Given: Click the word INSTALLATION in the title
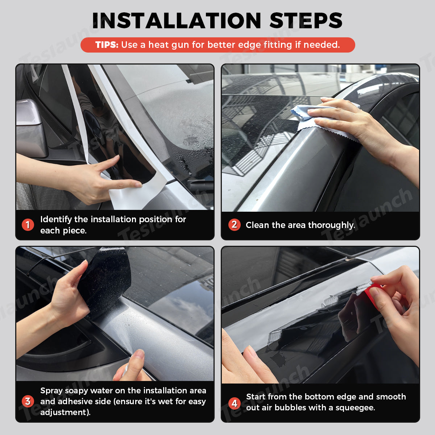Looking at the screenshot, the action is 177,21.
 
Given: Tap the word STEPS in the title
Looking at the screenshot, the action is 306,21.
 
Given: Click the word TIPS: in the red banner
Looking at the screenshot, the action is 107,45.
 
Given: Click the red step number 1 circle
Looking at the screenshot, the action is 28,225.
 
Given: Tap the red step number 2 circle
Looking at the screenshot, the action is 234,225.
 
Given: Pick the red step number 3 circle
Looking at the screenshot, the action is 28,401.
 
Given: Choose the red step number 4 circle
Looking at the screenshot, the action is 234,403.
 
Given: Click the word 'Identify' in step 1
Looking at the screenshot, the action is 56,219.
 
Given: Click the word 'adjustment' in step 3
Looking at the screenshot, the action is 64,413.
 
